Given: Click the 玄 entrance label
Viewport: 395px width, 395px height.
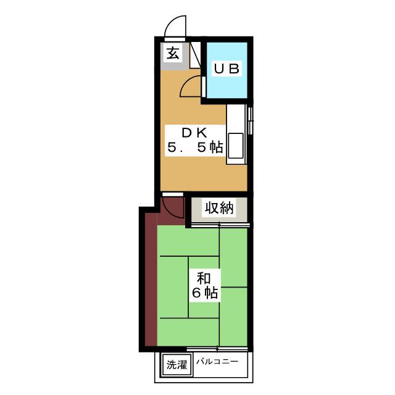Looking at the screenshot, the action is point(173,54).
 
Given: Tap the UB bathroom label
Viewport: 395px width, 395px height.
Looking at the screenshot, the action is point(227,69).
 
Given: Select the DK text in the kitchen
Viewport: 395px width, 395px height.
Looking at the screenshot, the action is point(194,133).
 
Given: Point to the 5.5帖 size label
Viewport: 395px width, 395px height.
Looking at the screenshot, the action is point(195,148).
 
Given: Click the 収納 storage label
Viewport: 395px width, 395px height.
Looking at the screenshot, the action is point(219,208).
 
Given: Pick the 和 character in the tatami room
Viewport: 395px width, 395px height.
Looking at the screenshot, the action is point(204,278).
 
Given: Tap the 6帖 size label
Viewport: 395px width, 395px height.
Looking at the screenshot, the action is point(205,293).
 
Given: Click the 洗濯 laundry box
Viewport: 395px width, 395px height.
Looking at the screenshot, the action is point(177,365).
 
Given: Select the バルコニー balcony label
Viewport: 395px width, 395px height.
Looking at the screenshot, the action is point(217,362).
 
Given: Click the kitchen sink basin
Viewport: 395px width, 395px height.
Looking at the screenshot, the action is point(236,146).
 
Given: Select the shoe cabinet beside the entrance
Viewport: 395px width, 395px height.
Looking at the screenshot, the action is point(195,55).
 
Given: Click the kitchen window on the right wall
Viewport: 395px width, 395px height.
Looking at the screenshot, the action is point(250,122).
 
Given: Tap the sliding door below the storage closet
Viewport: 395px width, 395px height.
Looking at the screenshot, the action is point(220,225).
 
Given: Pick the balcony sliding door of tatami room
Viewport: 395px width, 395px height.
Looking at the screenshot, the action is point(217,349).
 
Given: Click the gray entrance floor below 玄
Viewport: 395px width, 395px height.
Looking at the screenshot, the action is point(175,66).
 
